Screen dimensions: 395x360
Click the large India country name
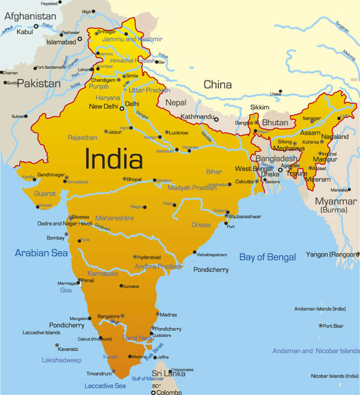click(x=114, y=159)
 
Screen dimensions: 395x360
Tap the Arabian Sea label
click(x=41, y=253)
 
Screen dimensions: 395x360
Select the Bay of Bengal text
click(x=268, y=257)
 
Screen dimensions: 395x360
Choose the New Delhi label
click(x=103, y=107)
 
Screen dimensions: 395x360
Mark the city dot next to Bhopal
click(x=124, y=179)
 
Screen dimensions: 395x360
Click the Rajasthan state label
click(x=82, y=137)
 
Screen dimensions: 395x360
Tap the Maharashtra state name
click(x=114, y=218)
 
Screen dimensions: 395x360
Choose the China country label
click(x=217, y=85)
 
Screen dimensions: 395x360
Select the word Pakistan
click(x=38, y=83)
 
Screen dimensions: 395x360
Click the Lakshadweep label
click(x=61, y=360)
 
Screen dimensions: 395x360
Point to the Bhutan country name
click(x=275, y=122)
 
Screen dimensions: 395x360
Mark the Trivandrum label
click(x=98, y=373)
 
